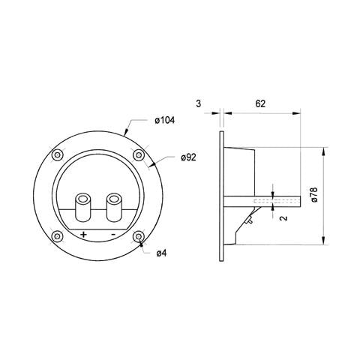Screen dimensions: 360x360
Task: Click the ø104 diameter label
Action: pos(165,121)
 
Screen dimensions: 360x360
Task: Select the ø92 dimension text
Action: pos(188,157)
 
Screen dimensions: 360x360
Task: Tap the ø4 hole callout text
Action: pos(161,253)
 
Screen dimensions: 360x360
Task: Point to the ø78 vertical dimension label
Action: pos(313,194)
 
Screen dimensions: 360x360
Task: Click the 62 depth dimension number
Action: pos(260,103)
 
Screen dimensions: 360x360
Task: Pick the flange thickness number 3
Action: pos(198,103)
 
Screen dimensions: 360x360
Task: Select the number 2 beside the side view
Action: pos(283,218)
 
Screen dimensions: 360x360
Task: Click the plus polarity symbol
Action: pos(83,235)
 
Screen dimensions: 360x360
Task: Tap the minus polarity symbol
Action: pos(113,235)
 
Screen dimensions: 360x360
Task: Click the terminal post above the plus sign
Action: pos(82,207)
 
